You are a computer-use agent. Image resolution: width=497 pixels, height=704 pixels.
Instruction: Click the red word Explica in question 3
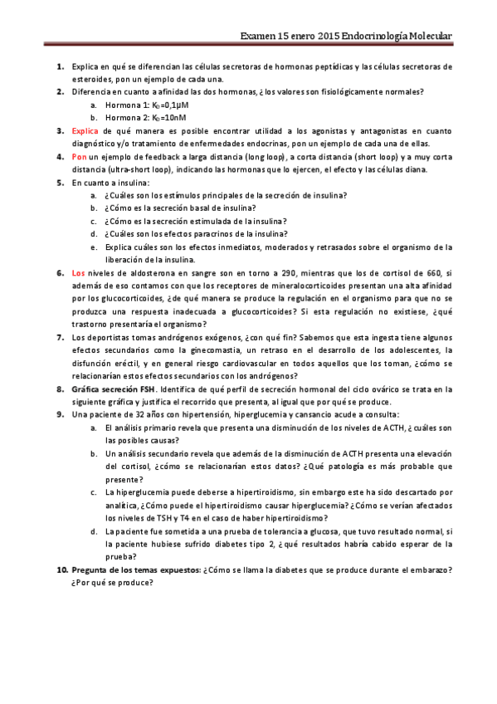pyautogui.click(x=85, y=130)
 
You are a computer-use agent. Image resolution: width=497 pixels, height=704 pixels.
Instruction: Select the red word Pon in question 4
pyautogui.click(x=79, y=156)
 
